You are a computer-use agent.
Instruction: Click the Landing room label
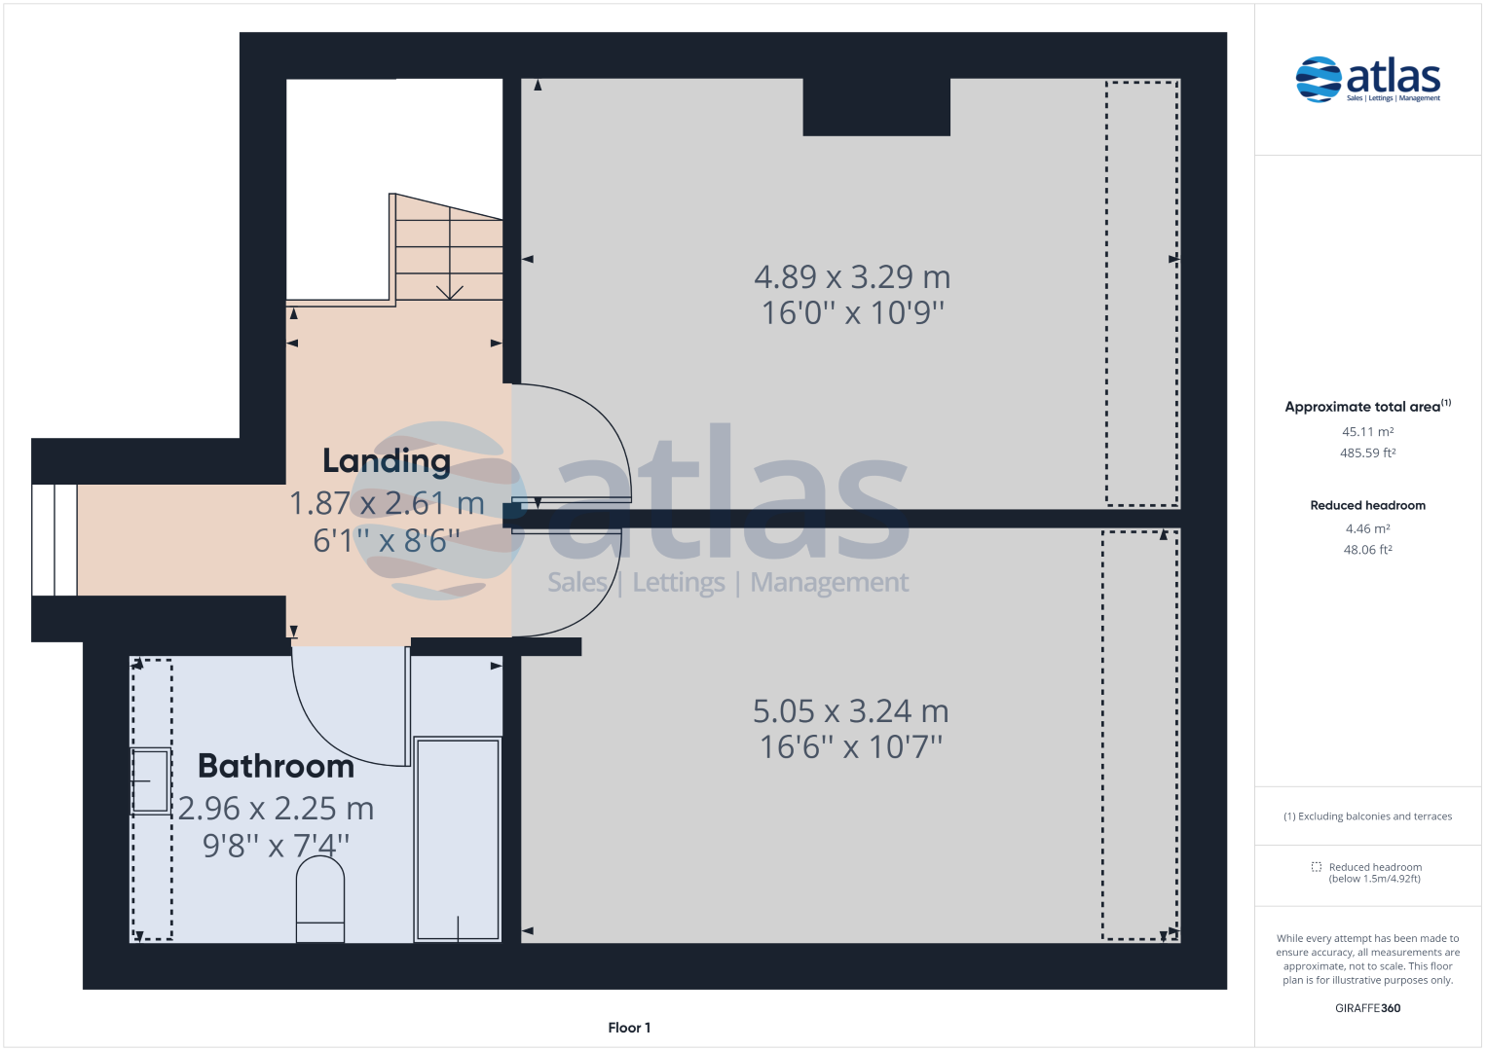[x=387, y=460]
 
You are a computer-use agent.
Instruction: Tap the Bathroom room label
[x=277, y=766]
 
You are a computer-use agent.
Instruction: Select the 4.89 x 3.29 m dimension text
[x=852, y=276]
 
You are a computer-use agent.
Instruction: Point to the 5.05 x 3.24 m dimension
[x=851, y=711]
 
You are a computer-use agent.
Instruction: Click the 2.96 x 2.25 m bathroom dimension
[x=277, y=808]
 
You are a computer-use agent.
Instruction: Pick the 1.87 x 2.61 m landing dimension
[x=387, y=503]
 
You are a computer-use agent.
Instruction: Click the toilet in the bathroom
[x=320, y=899]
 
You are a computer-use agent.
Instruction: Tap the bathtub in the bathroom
[x=458, y=839]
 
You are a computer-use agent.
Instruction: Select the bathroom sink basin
[x=151, y=780]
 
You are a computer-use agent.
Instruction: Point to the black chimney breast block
[x=876, y=107]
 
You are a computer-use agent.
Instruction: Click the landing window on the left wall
[x=55, y=540]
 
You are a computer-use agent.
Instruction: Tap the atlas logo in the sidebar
[x=1367, y=80]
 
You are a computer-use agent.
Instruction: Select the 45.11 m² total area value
[x=1367, y=432]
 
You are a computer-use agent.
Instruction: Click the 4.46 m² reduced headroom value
[x=1367, y=528]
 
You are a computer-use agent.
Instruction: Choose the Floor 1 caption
[x=629, y=1028]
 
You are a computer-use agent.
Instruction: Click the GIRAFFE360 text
[x=1367, y=1008]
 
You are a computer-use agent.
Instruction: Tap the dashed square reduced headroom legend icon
[x=1317, y=866]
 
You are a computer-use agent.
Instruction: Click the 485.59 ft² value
[x=1367, y=453]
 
